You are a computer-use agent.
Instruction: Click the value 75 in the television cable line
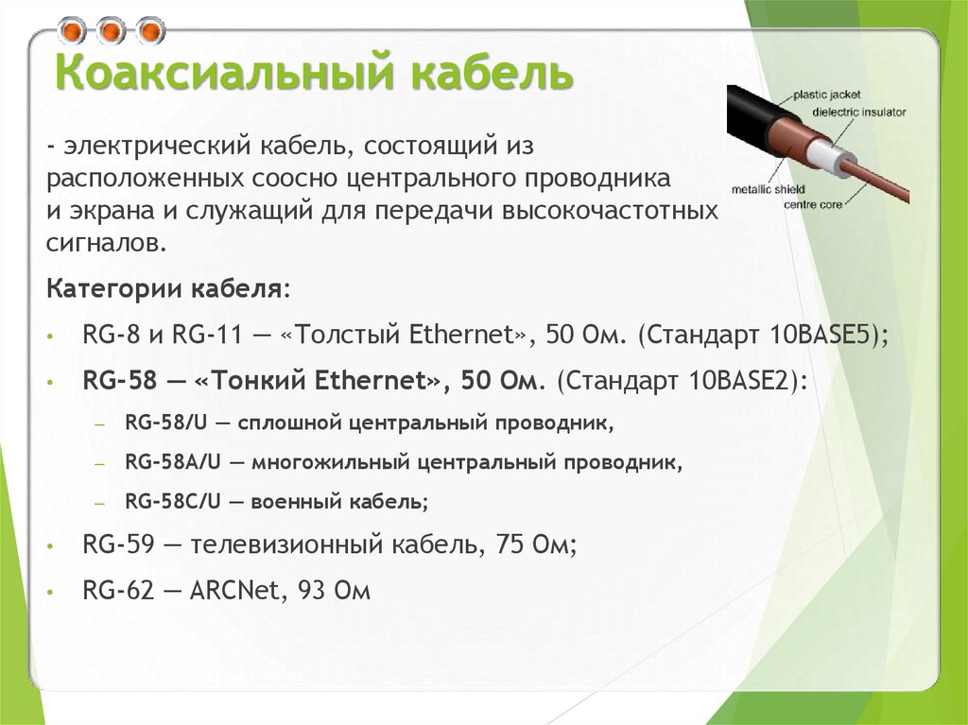point(511,545)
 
